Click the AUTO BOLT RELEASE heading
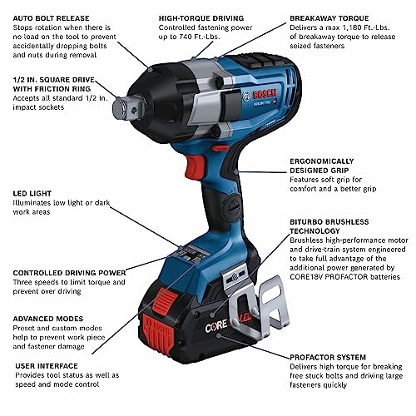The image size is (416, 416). [51, 18]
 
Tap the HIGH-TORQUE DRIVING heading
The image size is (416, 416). [201, 18]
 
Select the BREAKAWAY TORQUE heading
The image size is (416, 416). [329, 18]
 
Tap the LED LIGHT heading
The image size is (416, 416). [32, 193]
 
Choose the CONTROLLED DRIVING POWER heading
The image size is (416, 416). [69, 273]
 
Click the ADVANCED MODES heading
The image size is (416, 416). [48, 319]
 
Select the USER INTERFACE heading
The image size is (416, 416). [47, 366]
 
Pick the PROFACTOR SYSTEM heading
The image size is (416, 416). [328, 357]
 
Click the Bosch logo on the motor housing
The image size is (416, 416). [265, 94]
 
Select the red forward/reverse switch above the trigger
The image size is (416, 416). [220, 148]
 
